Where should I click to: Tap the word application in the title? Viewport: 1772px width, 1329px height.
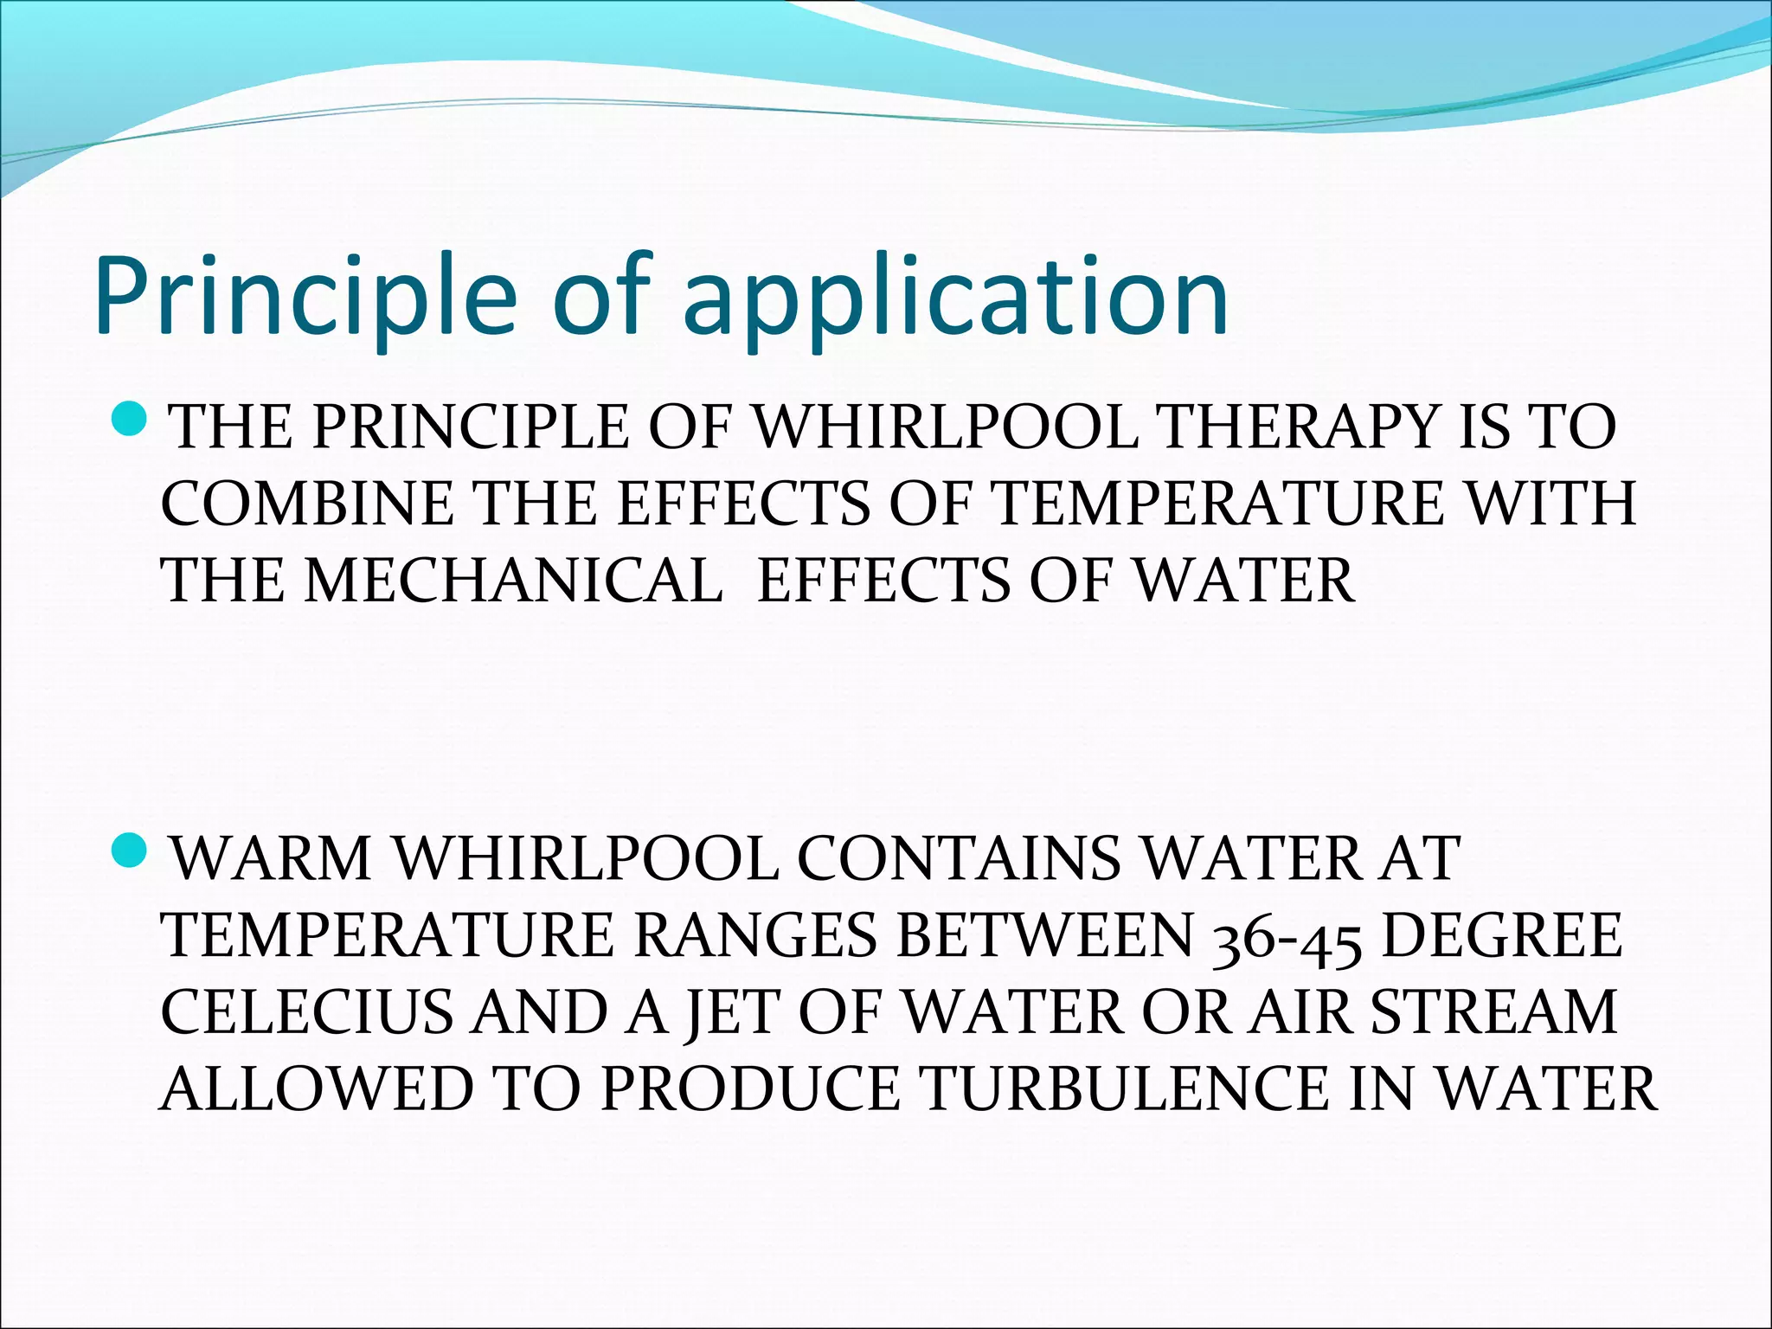tap(955, 299)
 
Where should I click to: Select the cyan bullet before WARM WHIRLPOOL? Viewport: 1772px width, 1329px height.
tap(133, 851)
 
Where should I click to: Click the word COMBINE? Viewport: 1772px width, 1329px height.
tap(307, 503)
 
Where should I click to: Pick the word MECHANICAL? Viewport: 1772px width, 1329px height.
tap(513, 580)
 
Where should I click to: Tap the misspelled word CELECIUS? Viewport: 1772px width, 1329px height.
tap(307, 1011)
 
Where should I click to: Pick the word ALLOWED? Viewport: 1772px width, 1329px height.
tap(317, 1088)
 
